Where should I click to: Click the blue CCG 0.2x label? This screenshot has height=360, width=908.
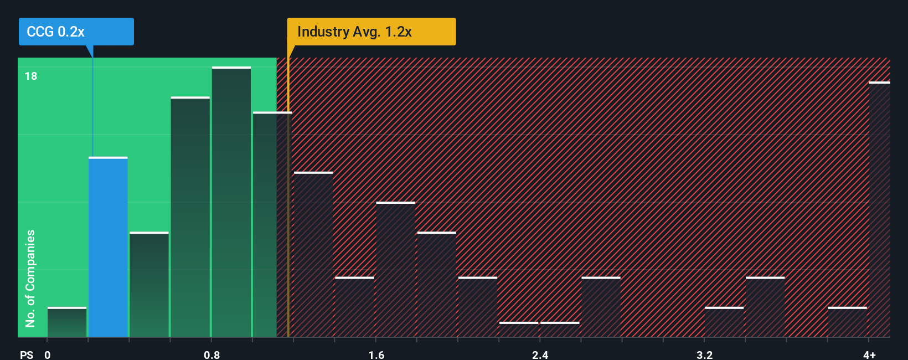[x=76, y=32]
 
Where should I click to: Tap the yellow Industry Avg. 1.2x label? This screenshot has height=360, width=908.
[x=371, y=32]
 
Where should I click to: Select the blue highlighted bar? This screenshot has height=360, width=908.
[x=108, y=247]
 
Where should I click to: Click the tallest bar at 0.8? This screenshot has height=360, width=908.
[x=231, y=202]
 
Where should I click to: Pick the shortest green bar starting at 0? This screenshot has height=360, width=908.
[x=67, y=322]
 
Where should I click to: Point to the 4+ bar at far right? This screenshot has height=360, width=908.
[x=879, y=209]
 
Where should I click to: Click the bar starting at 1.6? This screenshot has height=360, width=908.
[x=395, y=269]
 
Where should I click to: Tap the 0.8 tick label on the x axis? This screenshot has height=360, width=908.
[x=211, y=354]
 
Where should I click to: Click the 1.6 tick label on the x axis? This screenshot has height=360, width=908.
[x=376, y=354]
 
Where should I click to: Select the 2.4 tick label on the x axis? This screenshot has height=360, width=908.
[x=540, y=354]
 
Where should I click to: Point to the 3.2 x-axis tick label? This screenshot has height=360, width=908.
[x=704, y=354]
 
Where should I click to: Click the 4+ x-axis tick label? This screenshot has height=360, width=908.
[x=869, y=354]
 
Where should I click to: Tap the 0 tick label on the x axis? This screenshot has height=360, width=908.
[x=48, y=354]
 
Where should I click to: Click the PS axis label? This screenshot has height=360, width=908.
[x=27, y=354]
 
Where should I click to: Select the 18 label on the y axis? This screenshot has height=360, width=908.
[x=31, y=76]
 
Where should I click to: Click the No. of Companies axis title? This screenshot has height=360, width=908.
[x=30, y=278]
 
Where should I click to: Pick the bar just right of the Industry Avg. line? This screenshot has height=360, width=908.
[x=313, y=255]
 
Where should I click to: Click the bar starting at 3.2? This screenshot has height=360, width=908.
[x=724, y=322]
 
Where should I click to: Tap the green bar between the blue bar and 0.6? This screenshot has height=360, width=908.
[x=149, y=285]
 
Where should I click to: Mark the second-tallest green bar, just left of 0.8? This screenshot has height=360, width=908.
[x=190, y=217]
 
